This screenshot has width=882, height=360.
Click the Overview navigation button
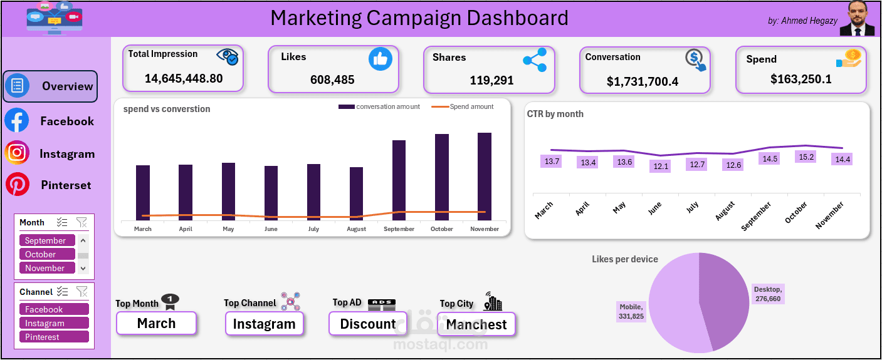[x=51, y=86]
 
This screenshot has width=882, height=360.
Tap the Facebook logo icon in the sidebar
[x=17, y=120]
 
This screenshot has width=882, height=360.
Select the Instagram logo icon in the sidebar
[x=17, y=153]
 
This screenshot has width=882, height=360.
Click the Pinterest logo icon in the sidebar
[x=17, y=185]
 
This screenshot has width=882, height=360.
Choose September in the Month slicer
[x=47, y=240]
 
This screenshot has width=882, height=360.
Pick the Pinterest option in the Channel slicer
[x=54, y=337]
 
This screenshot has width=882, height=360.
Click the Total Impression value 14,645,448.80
[x=184, y=78]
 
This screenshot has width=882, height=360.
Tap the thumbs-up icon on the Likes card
[x=381, y=59]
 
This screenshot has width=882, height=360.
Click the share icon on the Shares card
[x=535, y=60]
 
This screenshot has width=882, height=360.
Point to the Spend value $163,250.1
[x=801, y=79]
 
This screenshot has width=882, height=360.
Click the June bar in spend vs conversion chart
[x=271, y=193]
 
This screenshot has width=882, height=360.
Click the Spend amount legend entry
[x=463, y=106]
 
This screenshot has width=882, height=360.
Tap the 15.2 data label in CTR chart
[x=807, y=157]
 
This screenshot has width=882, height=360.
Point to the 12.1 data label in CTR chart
[x=661, y=166]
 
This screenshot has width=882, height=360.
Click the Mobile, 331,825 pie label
[x=631, y=311]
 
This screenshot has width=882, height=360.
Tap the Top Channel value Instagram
[x=264, y=324]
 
